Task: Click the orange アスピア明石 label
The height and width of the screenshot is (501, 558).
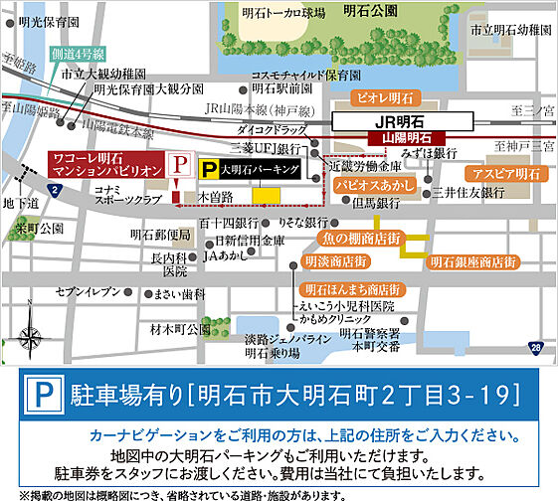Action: (x=513, y=173)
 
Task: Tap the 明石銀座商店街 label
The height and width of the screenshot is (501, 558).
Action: (x=473, y=262)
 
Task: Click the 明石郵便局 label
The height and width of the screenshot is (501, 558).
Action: (x=159, y=236)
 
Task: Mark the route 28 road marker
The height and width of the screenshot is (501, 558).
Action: (x=536, y=347)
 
